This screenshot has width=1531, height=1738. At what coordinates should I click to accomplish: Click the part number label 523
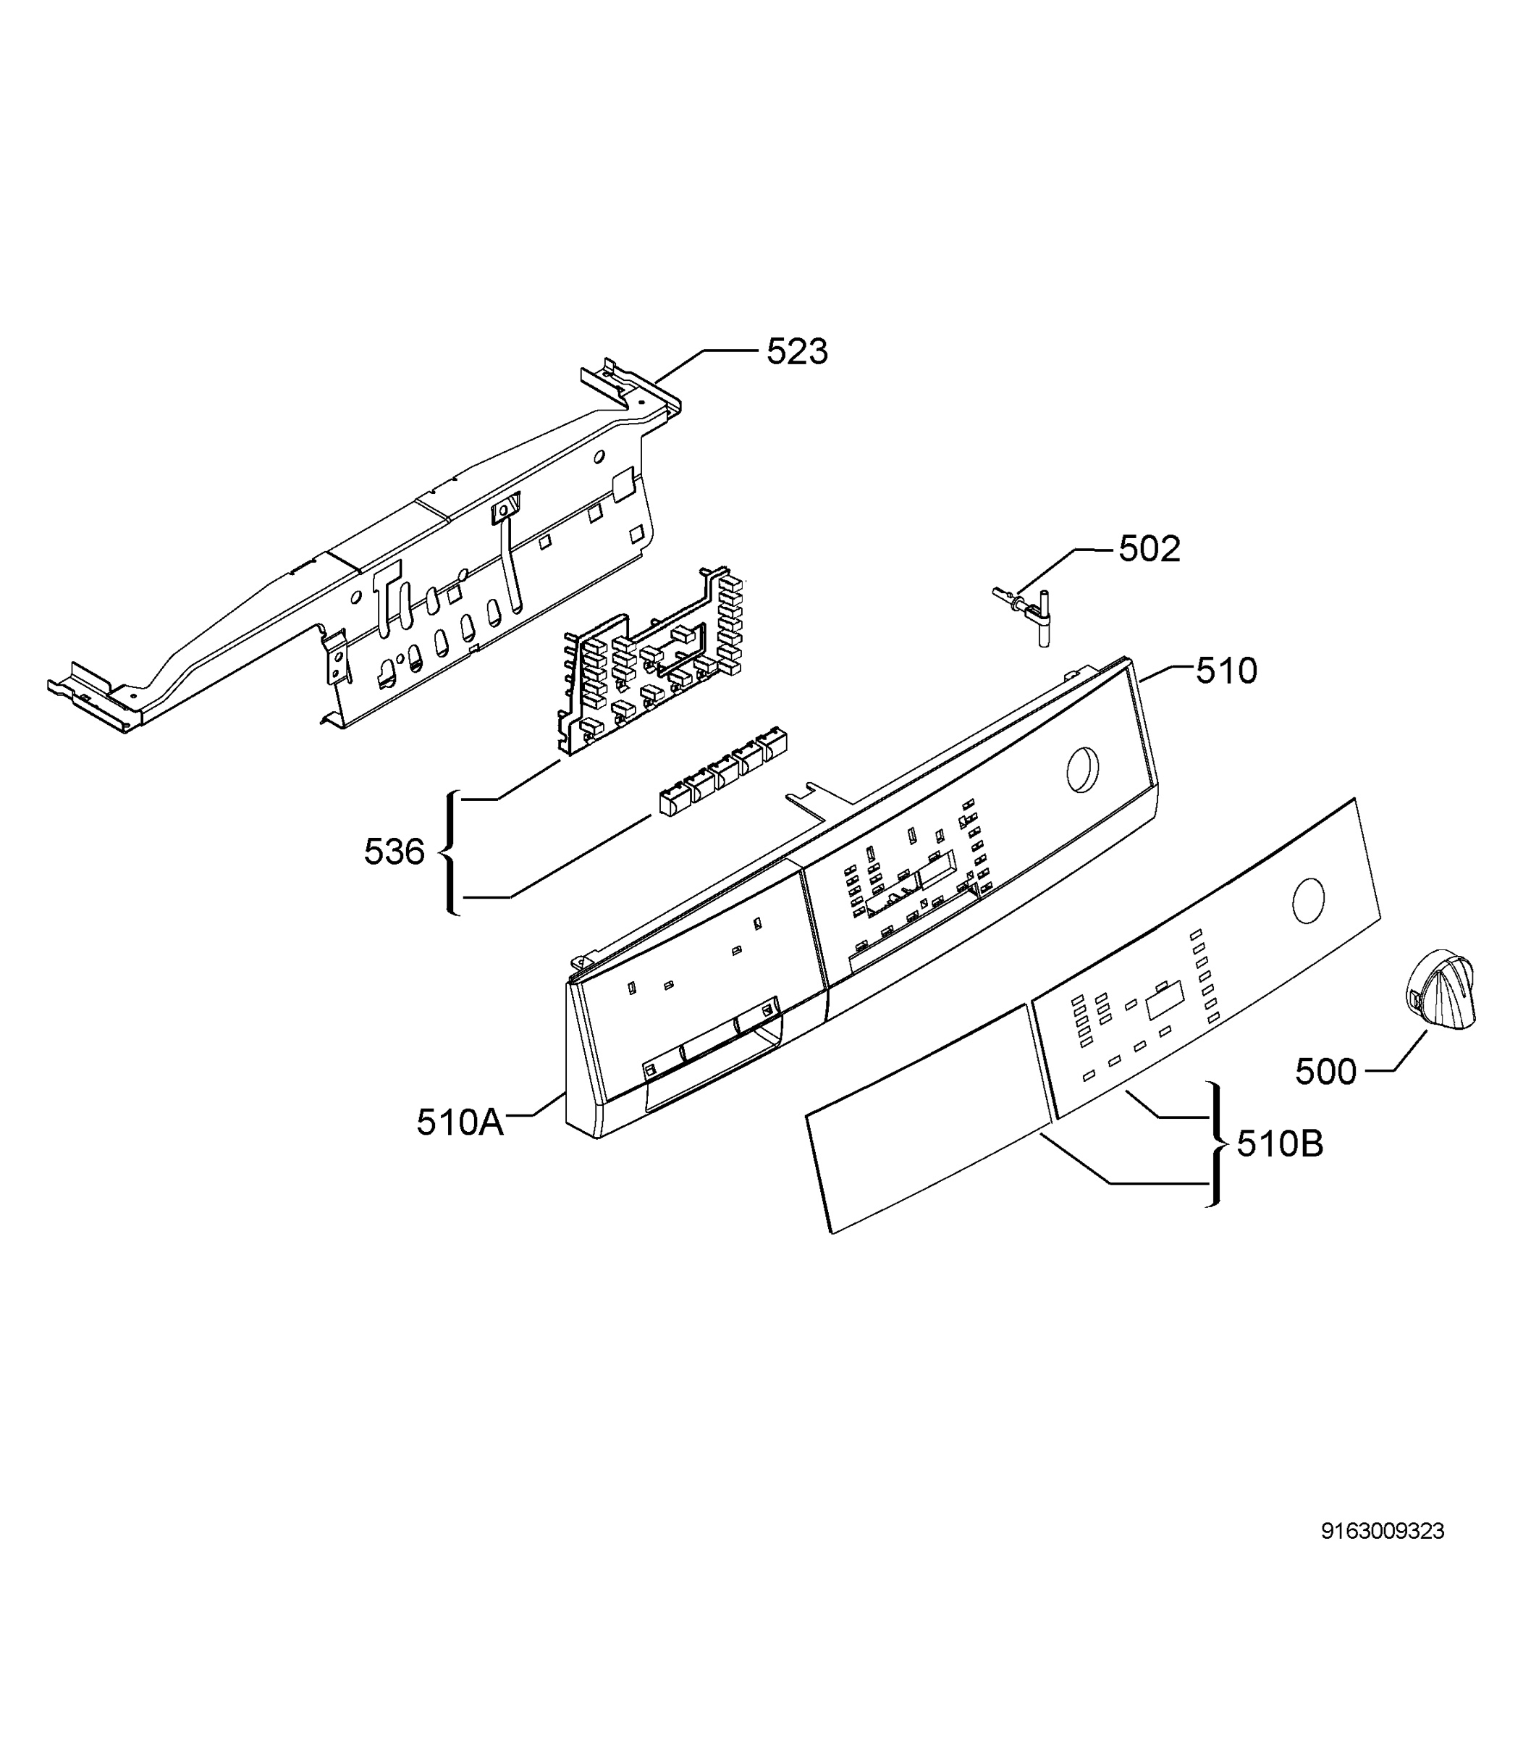796,351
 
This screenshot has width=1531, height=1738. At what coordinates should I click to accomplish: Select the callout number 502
1150,550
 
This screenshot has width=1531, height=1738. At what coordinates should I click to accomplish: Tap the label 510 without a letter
1226,671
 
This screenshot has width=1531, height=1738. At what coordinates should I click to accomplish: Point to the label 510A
460,1122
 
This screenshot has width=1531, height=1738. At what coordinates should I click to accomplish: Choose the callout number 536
394,852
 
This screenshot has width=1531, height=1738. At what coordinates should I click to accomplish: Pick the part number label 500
1325,1071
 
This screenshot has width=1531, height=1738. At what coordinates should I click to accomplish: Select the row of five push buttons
722,771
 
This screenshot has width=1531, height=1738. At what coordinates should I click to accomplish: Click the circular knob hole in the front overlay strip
1307,902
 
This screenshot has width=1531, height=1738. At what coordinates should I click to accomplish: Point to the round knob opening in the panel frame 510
1082,770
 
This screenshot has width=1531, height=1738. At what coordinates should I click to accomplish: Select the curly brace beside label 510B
1218,1144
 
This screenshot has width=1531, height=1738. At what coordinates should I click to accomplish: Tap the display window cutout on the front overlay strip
1164,1001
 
